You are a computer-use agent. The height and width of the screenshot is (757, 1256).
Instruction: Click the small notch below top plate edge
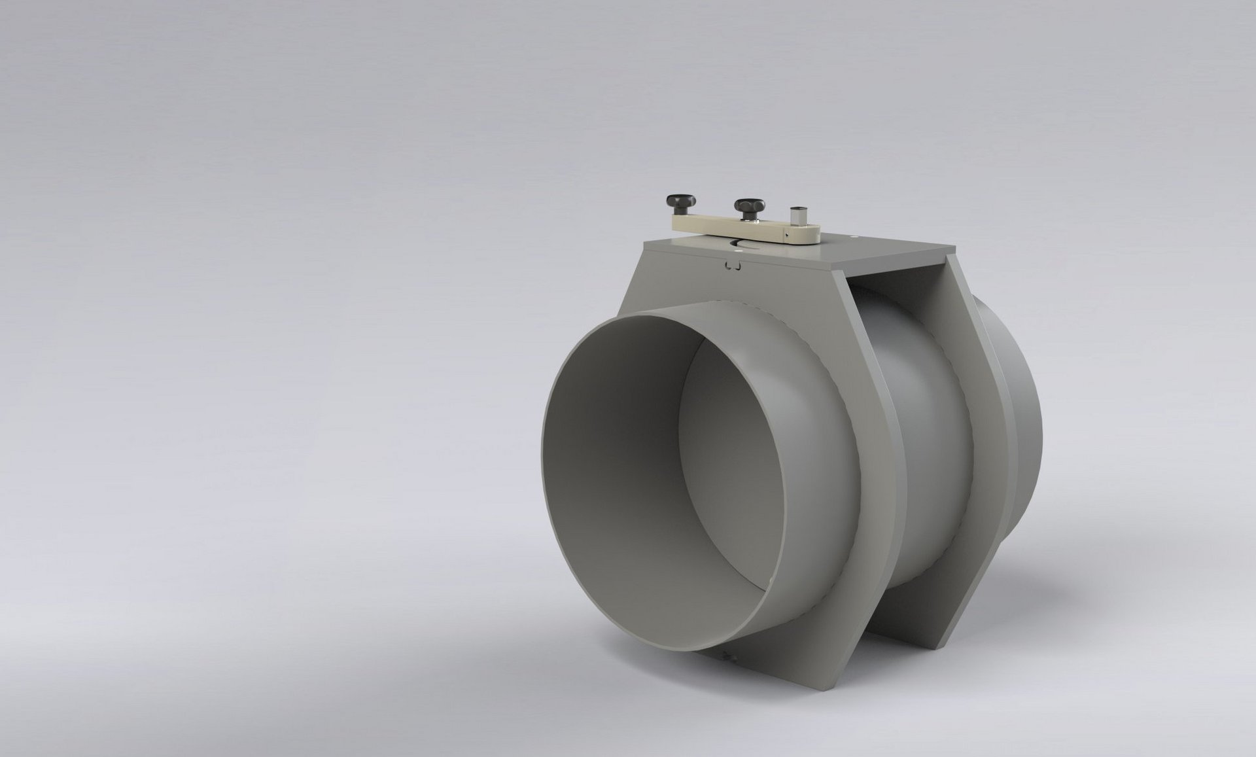click(x=733, y=266)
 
